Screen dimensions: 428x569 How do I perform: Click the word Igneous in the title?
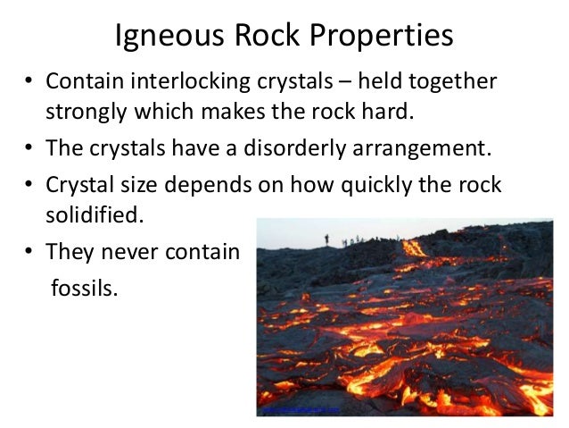click(169, 37)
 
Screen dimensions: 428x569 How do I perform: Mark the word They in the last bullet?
click(68, 252)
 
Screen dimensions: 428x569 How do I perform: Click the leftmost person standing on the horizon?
click(326, 239)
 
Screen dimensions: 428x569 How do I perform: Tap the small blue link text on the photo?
click(299, 409)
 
